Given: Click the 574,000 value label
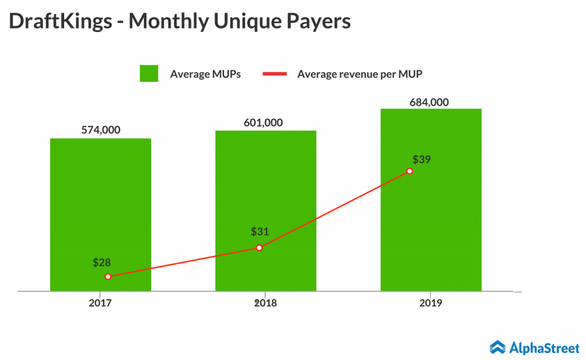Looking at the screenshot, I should pos(101,130).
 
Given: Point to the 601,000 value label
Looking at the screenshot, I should pos(266,122).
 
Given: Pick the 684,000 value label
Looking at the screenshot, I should pos(429,102).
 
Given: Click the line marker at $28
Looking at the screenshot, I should pos(108,276).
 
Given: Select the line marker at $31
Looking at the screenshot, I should pos(259,248).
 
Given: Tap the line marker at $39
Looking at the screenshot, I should pos(410,171).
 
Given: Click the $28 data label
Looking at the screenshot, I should pos(102,263).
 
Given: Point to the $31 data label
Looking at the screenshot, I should pos(260,232).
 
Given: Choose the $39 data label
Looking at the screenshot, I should pos(422,159).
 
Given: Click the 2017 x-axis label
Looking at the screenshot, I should pos(100,303).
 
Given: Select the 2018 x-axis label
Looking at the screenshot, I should pos(266,303).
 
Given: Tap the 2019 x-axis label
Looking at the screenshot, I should pos(431,303).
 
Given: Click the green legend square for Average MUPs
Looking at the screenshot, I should pos(149,74).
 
